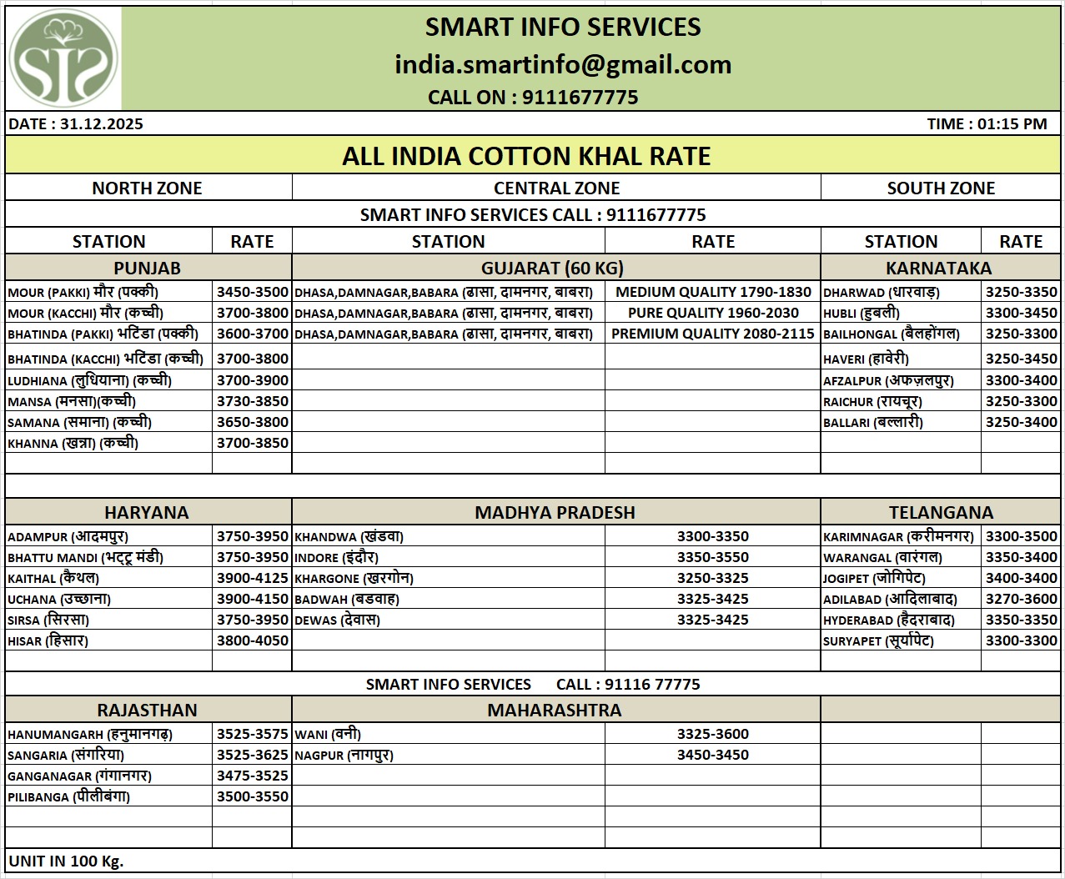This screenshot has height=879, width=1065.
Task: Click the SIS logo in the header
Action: (63, 58)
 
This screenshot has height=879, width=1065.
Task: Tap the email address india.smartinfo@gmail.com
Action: (563, 64)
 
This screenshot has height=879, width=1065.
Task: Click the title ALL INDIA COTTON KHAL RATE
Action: (526, 156)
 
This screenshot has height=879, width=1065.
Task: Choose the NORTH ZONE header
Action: (147, 188)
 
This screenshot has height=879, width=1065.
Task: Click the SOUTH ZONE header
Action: (941, 188)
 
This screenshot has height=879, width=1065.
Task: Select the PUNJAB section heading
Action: (147, 268)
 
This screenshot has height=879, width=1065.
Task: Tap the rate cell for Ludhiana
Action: (252, 380)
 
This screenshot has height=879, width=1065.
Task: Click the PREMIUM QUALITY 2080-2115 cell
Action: (713, 334)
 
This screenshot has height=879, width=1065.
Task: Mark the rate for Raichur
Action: (1021, 401)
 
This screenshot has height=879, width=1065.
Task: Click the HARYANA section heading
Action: (147, 512)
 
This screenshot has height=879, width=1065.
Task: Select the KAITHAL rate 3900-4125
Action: (252, 578)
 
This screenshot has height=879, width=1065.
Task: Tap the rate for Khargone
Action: (713, 578)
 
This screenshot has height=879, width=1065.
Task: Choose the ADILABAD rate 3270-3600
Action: (1021, 599)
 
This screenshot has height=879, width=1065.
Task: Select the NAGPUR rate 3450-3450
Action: (713, 755)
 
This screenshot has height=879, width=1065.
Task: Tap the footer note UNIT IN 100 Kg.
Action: (66, 861)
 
